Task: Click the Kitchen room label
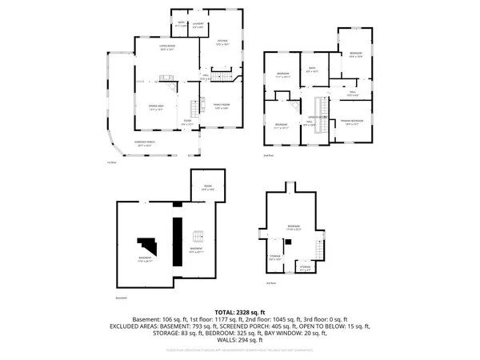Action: [222, 42]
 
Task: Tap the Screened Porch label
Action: [144, 146]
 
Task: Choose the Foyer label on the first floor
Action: [186, 123]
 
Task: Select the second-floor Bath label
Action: [314, 70]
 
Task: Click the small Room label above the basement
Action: [206, 189]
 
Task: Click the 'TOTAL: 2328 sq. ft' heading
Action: [239, 311]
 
